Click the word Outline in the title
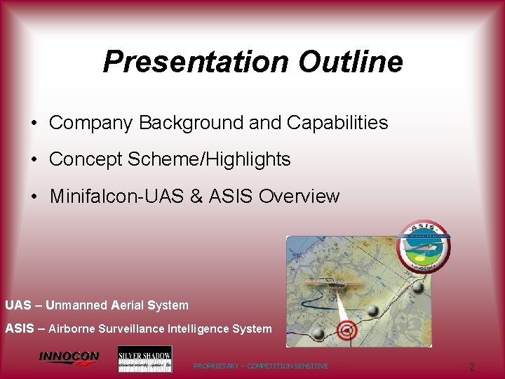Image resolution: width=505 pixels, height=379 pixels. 350,62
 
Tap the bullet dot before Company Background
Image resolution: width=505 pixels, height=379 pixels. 34,124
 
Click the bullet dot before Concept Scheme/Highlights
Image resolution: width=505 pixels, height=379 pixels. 34,160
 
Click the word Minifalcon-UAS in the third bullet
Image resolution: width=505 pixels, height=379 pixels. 116,197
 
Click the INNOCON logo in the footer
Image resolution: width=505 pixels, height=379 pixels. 69,357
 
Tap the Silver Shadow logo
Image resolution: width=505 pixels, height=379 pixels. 144,359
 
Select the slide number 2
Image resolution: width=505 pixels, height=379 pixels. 472,367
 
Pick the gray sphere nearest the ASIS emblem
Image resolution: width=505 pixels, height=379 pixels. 419,287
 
